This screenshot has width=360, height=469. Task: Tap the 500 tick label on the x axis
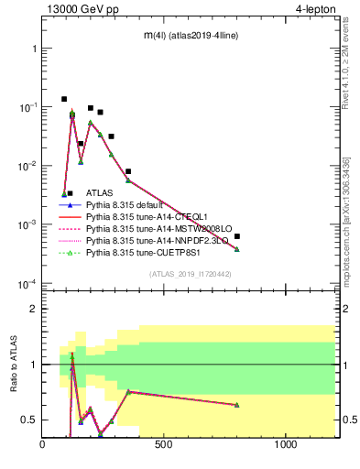[164, 444]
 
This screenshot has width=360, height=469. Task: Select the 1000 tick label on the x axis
[287, 444]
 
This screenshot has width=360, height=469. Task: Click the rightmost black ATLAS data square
[237, 236]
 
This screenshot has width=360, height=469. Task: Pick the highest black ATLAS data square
[64, 99]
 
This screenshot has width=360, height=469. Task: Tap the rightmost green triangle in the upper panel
[237, 249]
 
